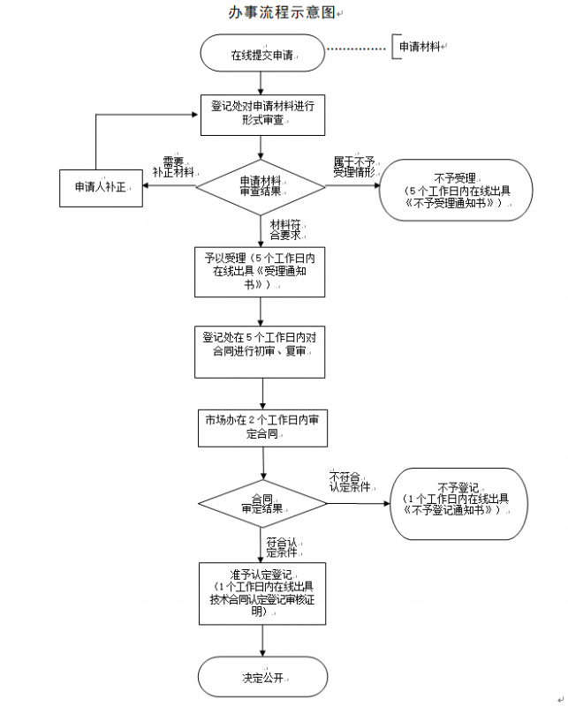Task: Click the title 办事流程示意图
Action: click(x=281, y=12)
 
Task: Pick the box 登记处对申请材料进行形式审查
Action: click(x=261, y=113)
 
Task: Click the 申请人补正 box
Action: click(x=102, y=187)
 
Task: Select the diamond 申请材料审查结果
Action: click(x=262, y=186)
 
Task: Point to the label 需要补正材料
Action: click(x=174, y=167)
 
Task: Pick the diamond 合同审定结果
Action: click(x=261, y=504)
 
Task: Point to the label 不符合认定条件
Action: click(x=347, y=482)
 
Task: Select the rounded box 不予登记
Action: click(x=457, y=504)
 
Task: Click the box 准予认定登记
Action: click(x=262, y=591)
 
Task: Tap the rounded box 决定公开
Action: click(x=262, y=678)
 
